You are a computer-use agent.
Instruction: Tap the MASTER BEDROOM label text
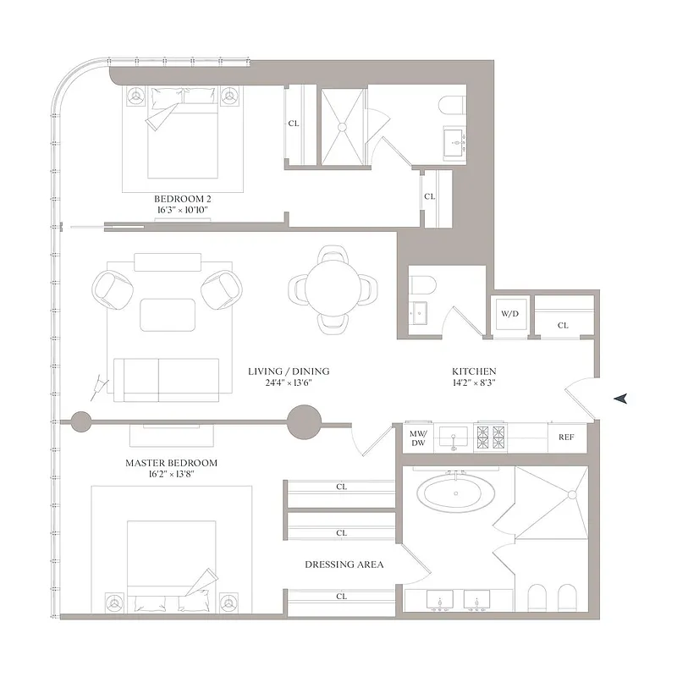(171, 463)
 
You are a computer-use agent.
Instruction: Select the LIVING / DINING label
(289, 372)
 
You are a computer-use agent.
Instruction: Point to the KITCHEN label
(473, 372)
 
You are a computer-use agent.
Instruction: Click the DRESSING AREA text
(344, 564)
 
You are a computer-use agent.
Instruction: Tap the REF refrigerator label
(566, 438)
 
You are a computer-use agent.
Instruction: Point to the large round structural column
(305, 421)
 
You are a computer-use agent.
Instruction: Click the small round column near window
(81, 421)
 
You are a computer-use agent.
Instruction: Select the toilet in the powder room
(421, 285)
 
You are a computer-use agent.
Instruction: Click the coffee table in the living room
(167, 315)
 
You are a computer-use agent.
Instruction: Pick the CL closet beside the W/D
(564, 325)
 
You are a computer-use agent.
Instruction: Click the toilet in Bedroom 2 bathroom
(449, 107)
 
